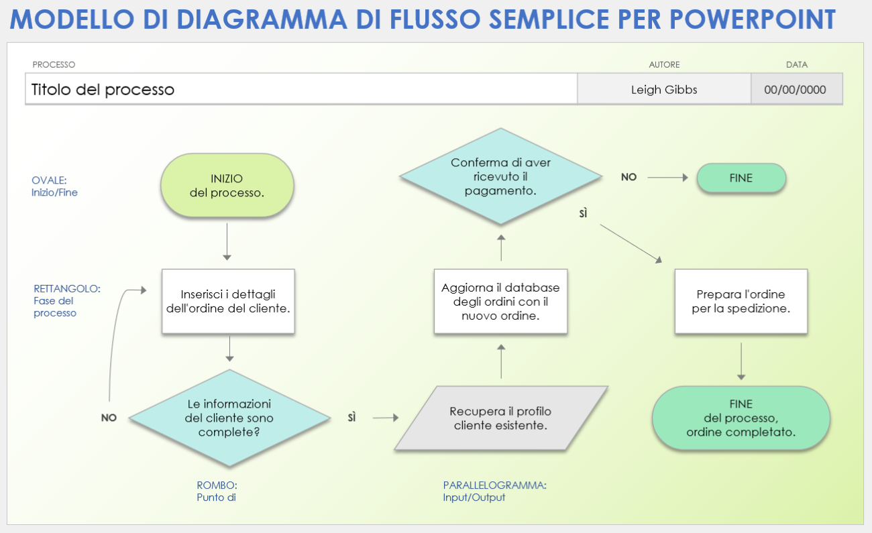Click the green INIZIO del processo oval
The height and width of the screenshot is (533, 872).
click(227, 186)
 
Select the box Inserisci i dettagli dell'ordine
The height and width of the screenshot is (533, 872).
click(228, 302)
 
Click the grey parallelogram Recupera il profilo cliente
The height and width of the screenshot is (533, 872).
click(500, 418)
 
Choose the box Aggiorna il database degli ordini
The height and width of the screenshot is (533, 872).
click(500, 302)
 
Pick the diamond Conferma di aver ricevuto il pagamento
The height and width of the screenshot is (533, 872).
click(500, 176)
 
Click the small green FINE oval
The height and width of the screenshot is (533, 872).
click(741, 178)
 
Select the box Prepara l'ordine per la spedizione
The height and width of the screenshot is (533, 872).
click(741, 302)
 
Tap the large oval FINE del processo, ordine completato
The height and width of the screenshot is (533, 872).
click(741, 418)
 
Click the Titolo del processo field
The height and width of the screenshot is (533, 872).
click(301, 89)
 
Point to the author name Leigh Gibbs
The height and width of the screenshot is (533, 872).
click(663, 89)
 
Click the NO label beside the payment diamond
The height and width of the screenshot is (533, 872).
click(629, 178)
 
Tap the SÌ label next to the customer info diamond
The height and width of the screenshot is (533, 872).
click(352, 418)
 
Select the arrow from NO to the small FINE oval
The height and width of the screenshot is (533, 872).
click(667, 178)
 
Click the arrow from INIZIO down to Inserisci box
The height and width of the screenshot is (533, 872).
click(227, 241)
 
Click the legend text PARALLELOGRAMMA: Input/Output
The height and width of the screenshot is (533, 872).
click(494, 491)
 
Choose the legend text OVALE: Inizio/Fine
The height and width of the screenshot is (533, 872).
click(54, 186)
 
